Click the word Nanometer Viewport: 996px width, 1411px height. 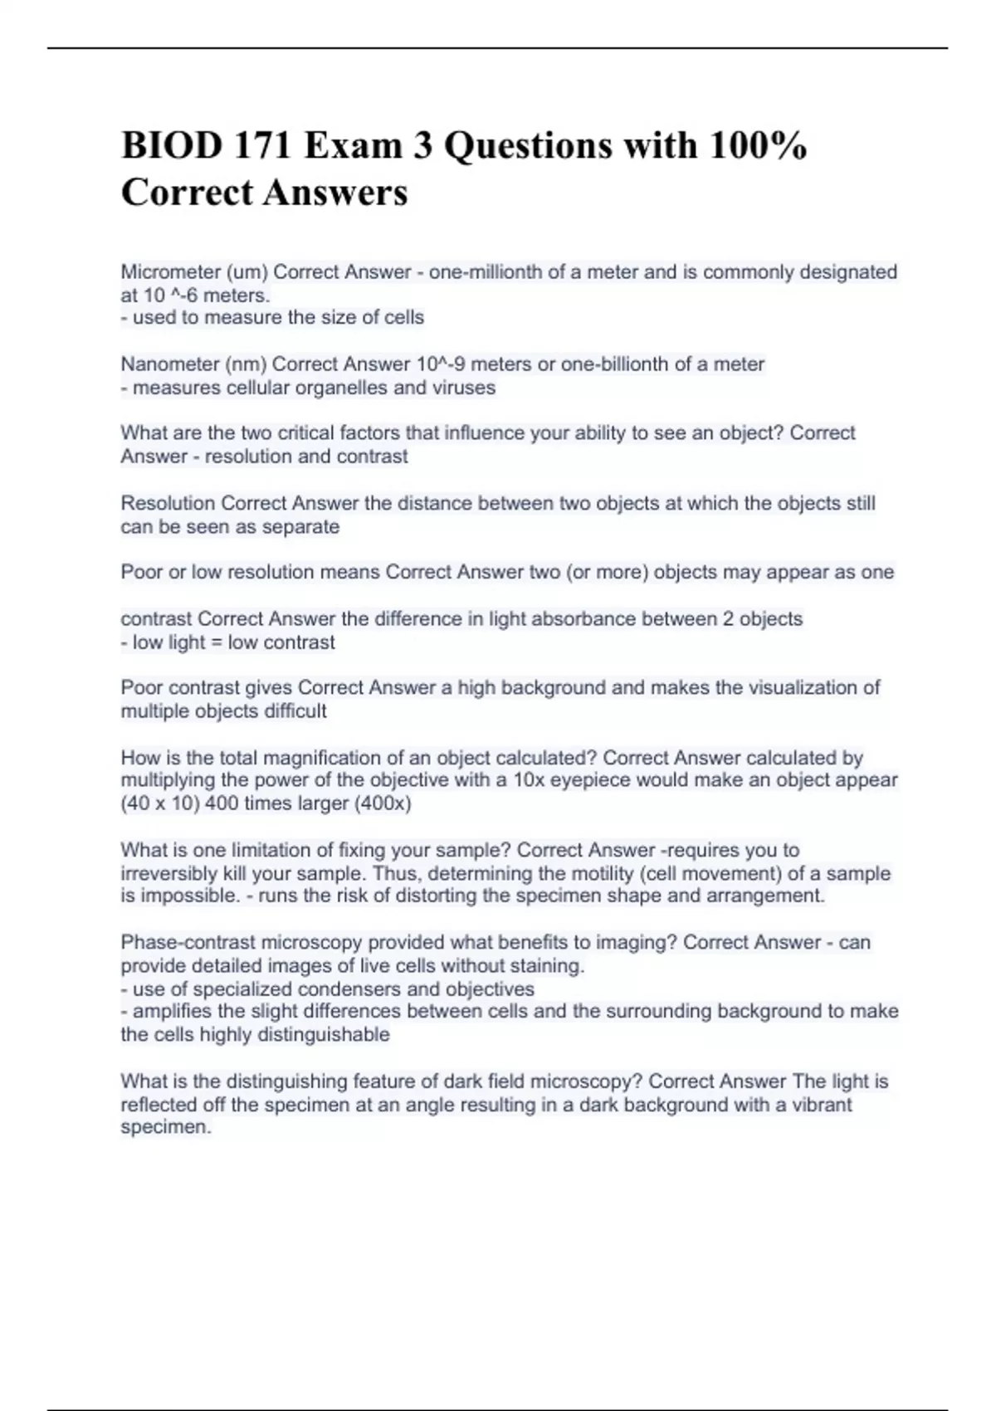170,364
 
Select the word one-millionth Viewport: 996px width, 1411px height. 483,272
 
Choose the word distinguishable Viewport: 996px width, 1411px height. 324,1035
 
